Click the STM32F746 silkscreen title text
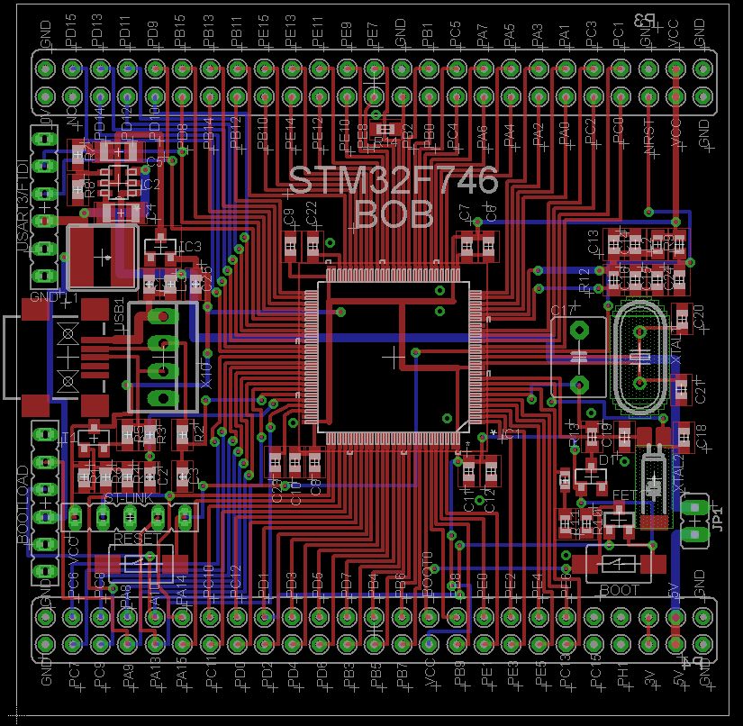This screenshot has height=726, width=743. point(393,181)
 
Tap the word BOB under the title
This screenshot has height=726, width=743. point(394,214)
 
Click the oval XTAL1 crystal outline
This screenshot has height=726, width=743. point(640,358)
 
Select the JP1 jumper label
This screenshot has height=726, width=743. point(718,519)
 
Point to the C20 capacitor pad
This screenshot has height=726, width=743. point(682,316)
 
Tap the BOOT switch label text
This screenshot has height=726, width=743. point(619,590)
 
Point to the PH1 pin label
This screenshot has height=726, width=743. point(621,674)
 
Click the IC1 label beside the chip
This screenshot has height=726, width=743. point(511,434)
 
